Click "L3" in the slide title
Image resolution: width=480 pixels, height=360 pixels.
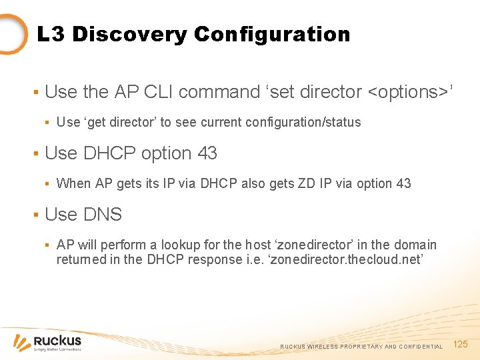pyautogui.click(x=51, y=34)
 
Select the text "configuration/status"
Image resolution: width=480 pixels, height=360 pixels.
pyautogui.click(x=303, y=122)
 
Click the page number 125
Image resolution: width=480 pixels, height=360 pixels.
pyautogui.click(x=461, y=344)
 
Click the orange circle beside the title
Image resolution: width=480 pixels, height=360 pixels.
pyautogui.click(x=12, y=33)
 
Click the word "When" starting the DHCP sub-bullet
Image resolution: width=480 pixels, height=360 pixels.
pyautogui.click(x=71, y=183)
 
